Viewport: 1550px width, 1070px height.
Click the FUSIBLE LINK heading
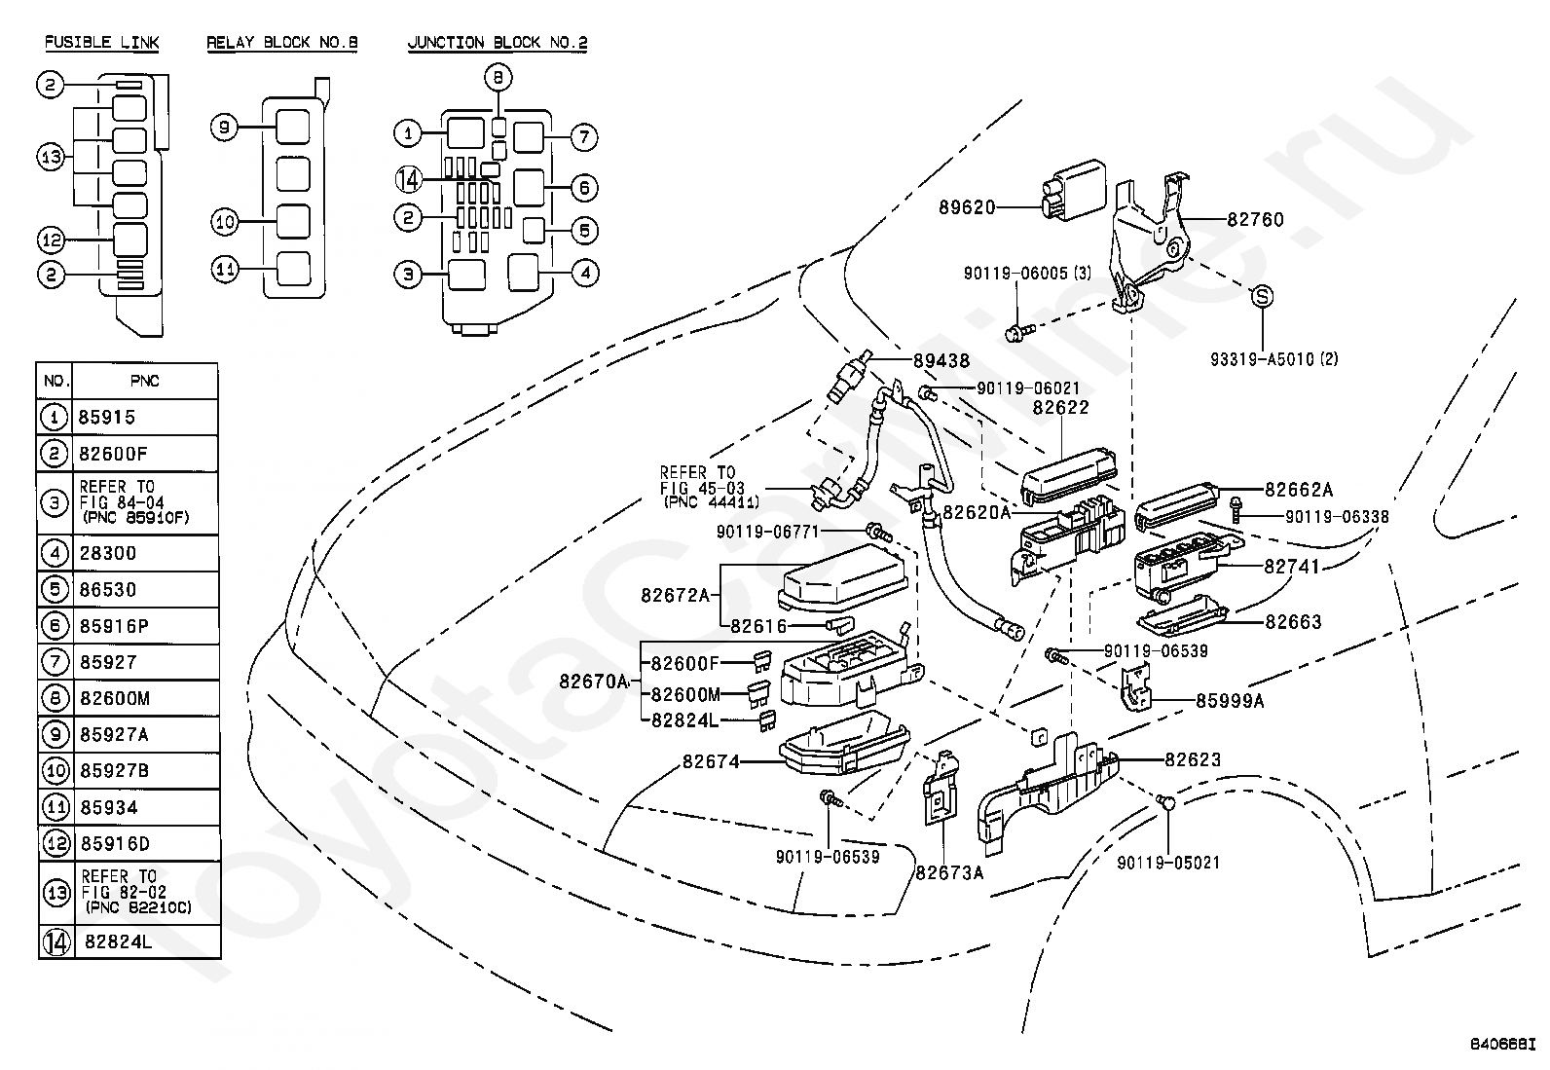(x=101, y=43)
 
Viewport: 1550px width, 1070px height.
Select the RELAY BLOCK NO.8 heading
(x=268, y=43)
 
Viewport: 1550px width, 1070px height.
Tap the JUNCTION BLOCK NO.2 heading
(x=497, y=43)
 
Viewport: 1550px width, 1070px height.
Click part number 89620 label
(x=967, y=207)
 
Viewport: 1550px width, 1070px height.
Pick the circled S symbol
(x=1261, y=296)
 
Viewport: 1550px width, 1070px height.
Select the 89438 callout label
(x=941, y=361)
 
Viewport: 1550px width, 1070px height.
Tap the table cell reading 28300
(x=108, y=553)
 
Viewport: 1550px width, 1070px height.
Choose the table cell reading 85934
(x=109, y=807)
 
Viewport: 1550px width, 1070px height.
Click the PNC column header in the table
(x=144, y=381)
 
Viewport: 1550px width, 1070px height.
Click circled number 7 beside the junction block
(x=583, y=137)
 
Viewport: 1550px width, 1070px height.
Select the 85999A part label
(x=1229, y=700)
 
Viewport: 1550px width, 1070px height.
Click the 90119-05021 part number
(x=1167, y=863)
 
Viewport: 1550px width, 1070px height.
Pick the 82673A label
(x=949, y=872)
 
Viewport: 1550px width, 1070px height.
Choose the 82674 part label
(x=711, y=761)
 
